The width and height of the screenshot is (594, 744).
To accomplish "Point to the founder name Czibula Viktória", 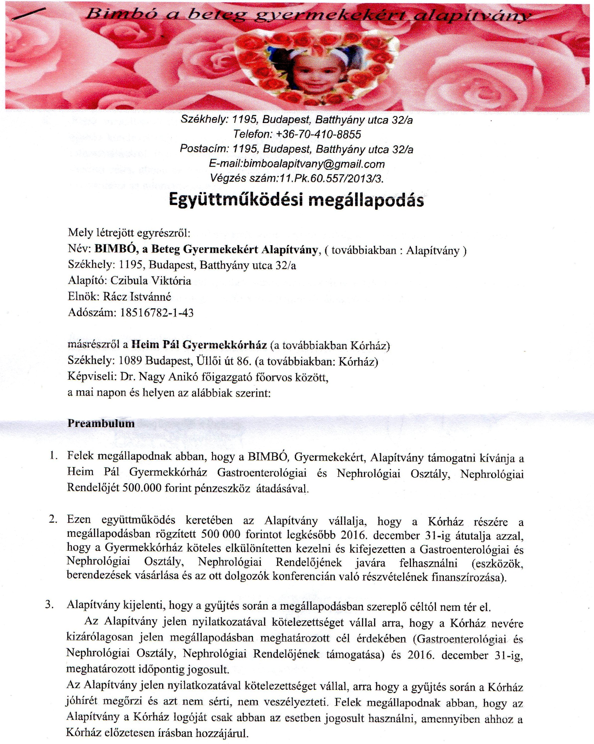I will click(x=150, y=281).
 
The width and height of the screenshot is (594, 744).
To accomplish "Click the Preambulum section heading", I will click(x=101, y=423).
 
